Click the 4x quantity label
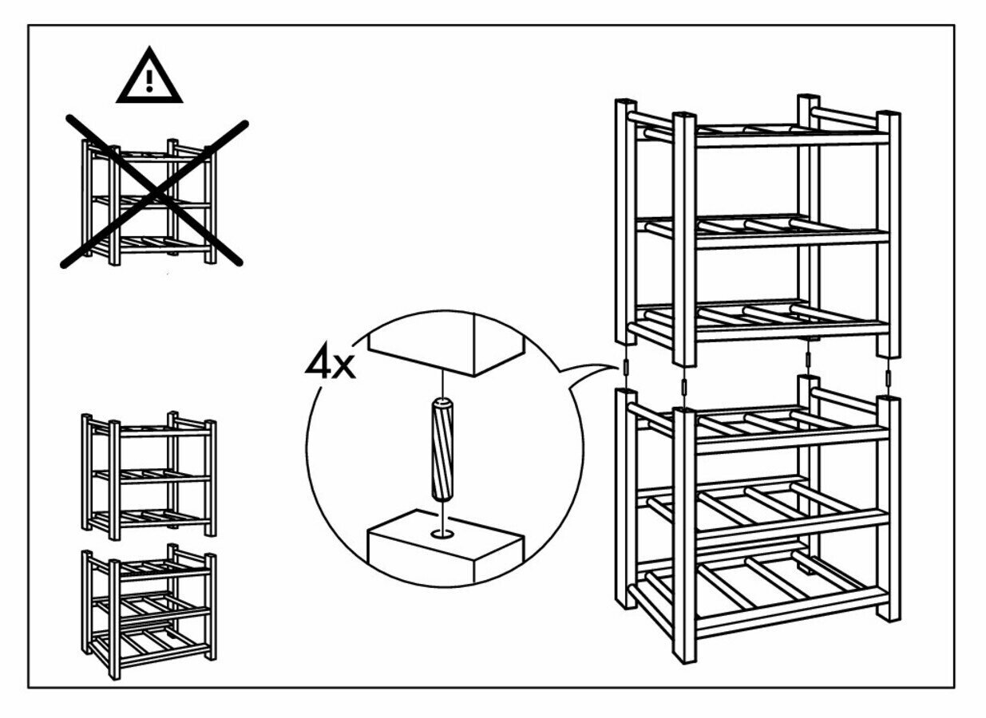330,365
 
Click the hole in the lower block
441,531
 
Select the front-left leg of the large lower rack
683,535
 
